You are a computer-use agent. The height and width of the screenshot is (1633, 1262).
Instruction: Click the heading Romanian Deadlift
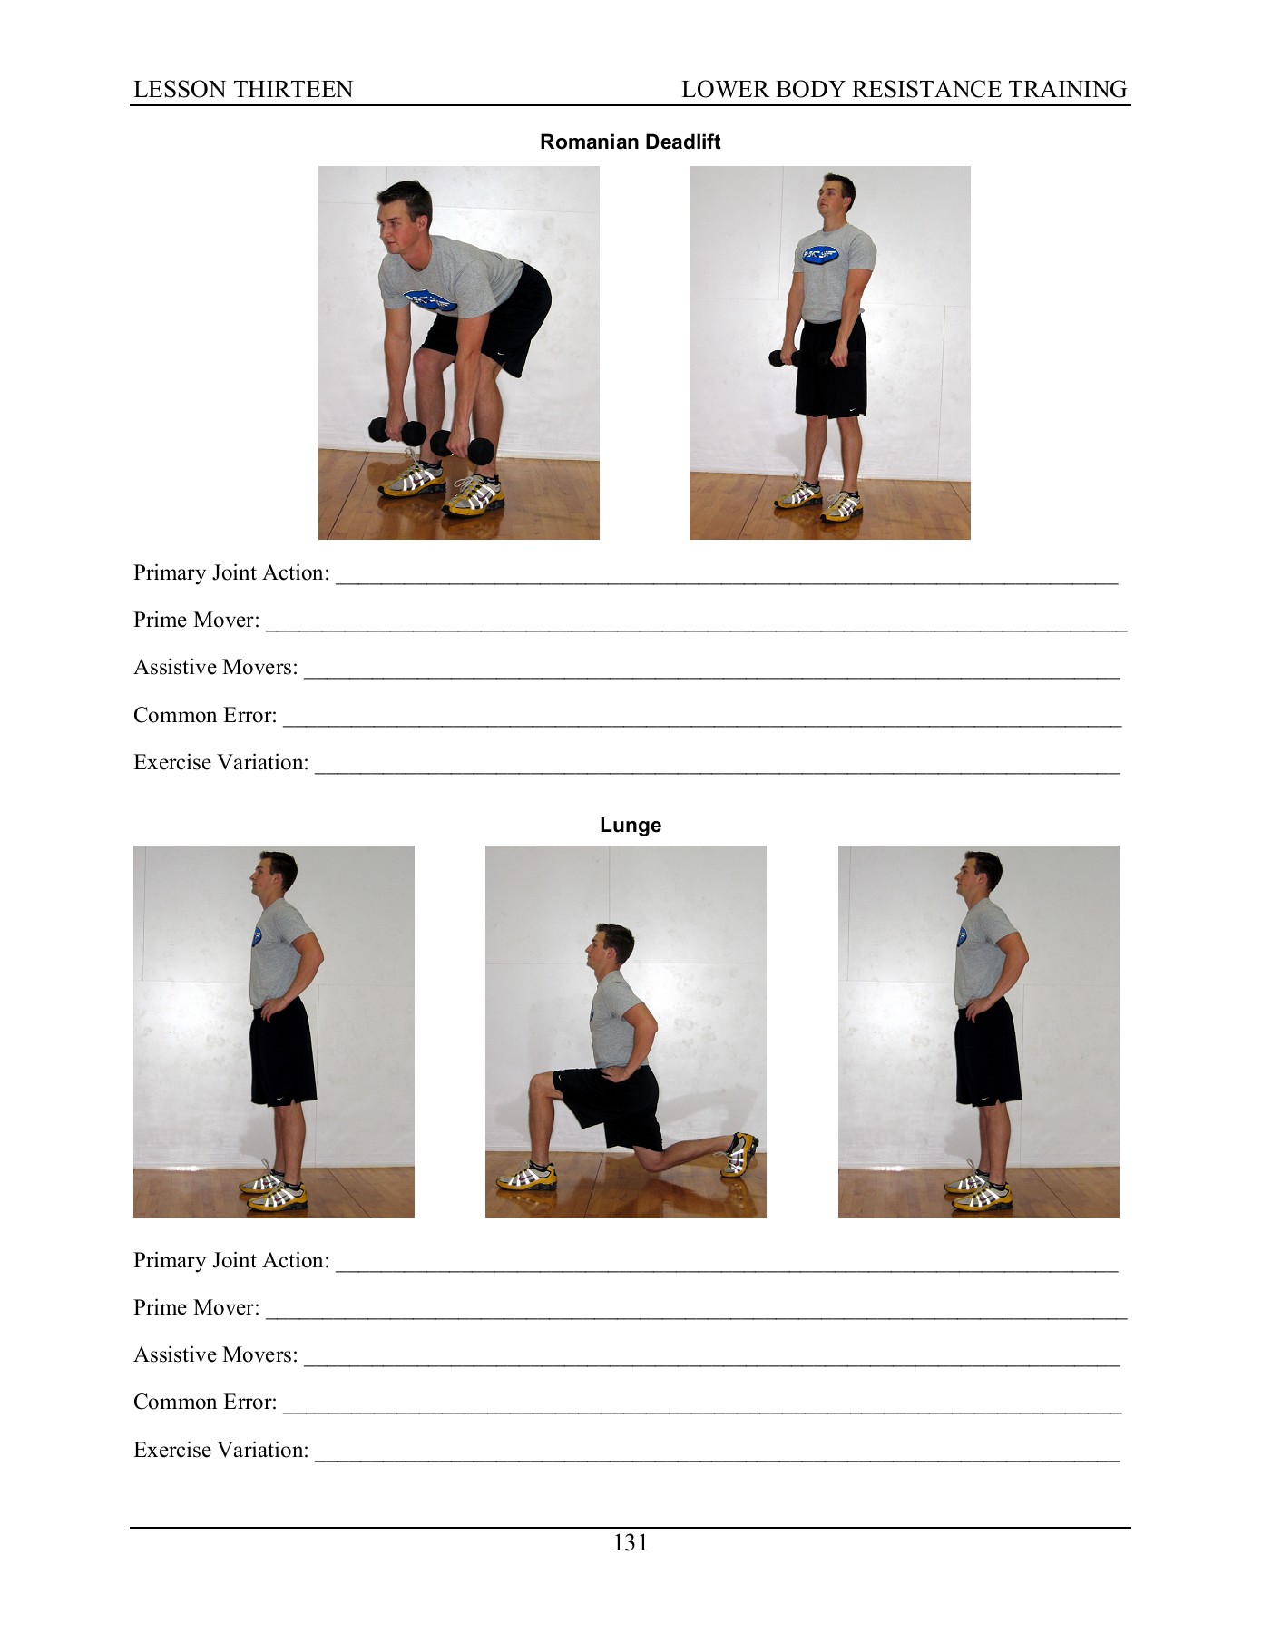tap(630, 142)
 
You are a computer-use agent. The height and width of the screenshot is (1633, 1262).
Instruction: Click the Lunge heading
tap(630, 825)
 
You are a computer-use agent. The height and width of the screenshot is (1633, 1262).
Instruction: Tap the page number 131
tap(630, 1543)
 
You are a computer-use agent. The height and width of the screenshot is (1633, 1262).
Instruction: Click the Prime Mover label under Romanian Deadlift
tap(196, 621)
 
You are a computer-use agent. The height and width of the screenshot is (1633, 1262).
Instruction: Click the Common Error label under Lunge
tap(205, 1403)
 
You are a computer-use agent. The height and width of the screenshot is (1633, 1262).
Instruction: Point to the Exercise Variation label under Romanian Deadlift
tap(220, 763)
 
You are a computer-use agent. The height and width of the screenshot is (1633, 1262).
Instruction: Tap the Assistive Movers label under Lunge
tap(215, 1355)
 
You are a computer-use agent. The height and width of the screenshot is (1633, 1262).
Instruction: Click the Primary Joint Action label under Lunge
tap(231, 1261)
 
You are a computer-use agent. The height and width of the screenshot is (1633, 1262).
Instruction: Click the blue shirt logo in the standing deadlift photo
tap(819, 255)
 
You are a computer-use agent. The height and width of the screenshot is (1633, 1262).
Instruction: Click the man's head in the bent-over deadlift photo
tap(405, 218)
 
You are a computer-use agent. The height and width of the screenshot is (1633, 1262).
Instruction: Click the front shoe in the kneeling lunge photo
tap(526, 1177)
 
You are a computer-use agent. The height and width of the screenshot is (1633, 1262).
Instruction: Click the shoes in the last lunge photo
tap(979, 1192)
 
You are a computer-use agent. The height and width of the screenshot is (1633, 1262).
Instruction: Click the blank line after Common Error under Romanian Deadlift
tap(702, 720)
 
